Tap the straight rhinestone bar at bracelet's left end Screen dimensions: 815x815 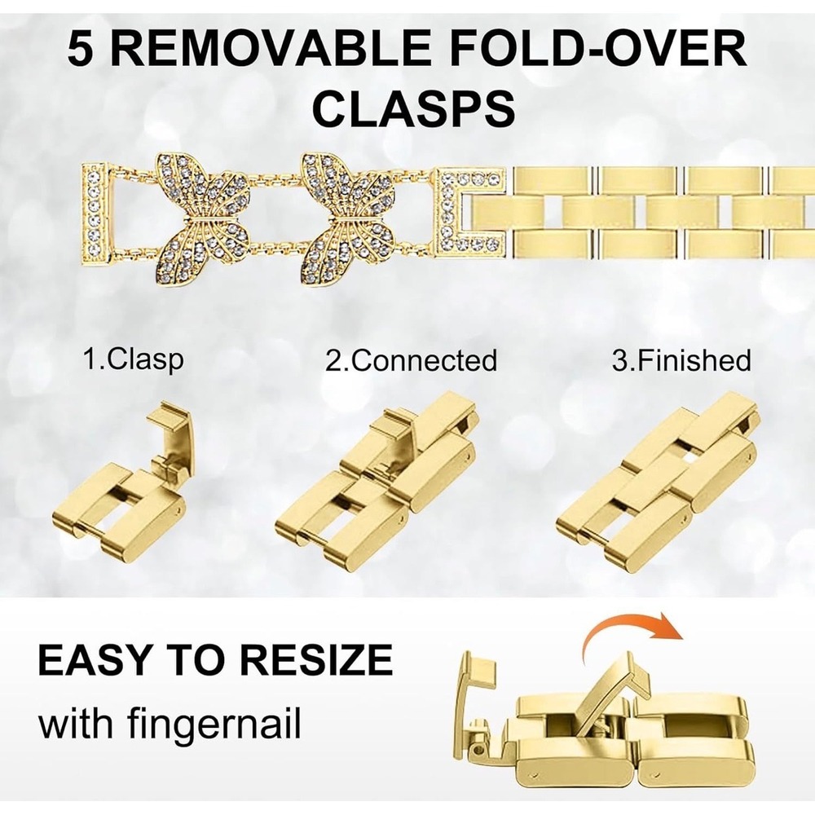pyautogui.click(x=96, y=214)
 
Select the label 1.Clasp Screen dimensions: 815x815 pyautogui.click(x=134, y=359)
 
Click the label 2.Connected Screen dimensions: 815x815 pyautogui.click(x=411, y=360)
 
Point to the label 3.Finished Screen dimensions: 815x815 pyautogui.click(x=681, y=360)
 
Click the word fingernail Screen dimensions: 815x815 pyautogui.click(x=214, y=724)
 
